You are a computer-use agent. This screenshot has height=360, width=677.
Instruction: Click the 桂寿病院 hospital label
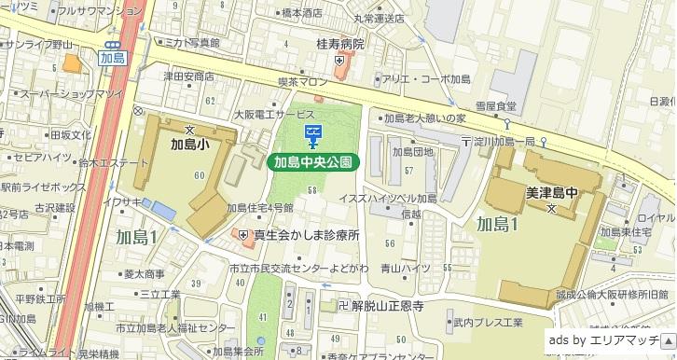[339, 44]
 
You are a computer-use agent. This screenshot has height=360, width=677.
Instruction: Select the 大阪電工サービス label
[274, 114]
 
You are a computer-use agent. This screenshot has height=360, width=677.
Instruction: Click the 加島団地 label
[412, 151]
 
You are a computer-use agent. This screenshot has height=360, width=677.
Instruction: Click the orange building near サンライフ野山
[71, 63]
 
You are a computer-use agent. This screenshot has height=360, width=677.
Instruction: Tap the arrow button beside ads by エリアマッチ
[667, 341]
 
